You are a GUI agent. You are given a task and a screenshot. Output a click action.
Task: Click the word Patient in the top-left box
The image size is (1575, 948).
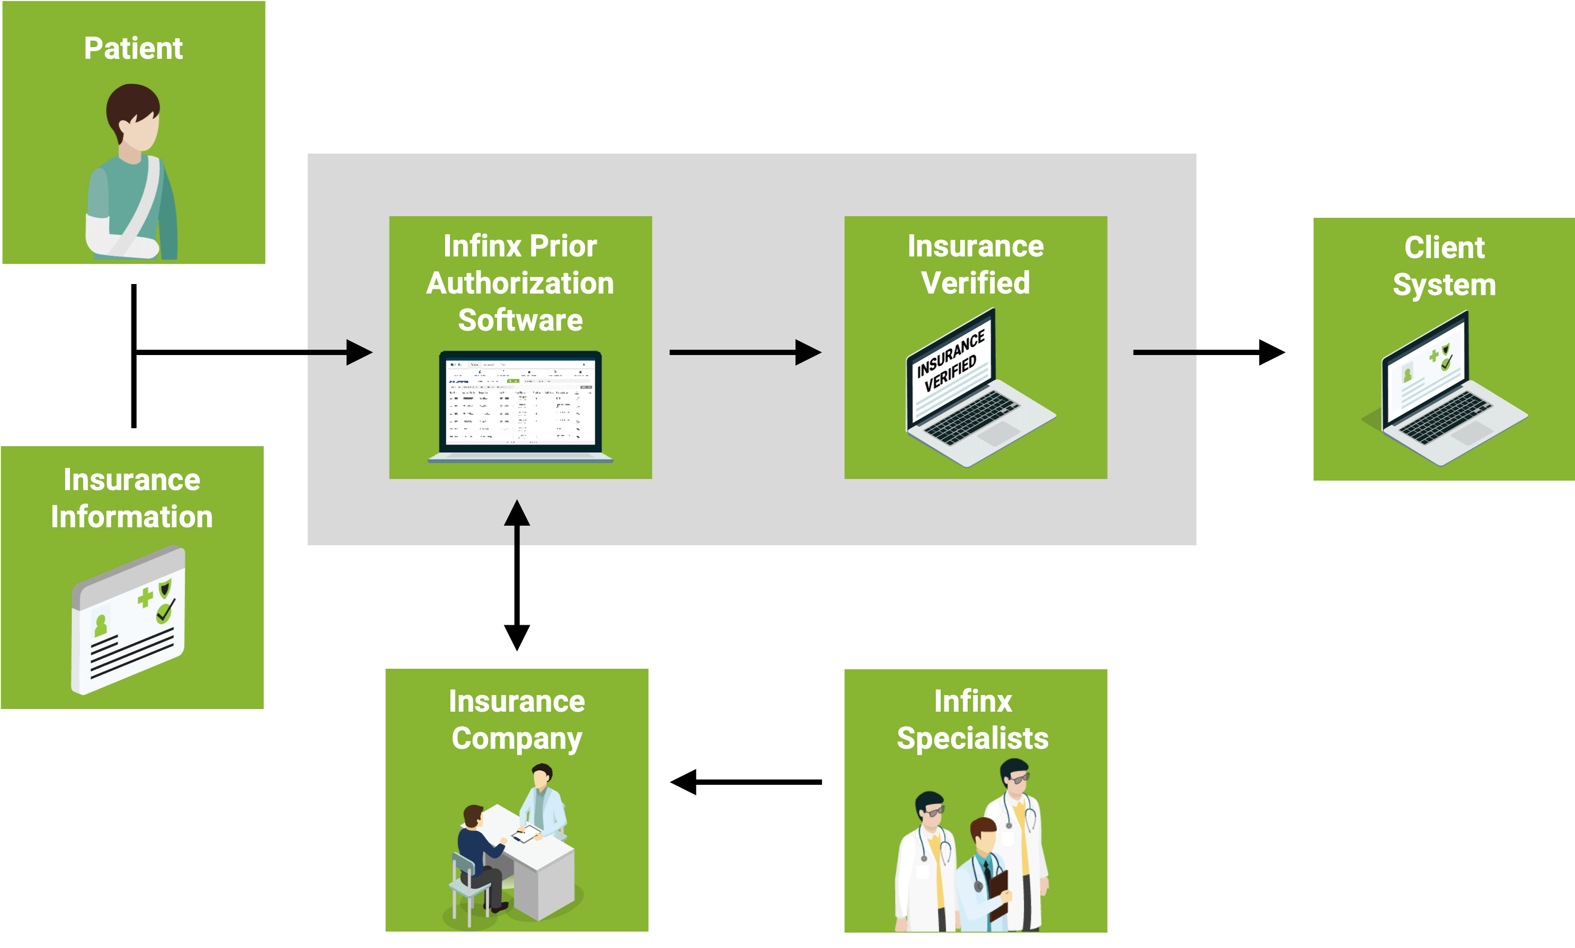[133, 49]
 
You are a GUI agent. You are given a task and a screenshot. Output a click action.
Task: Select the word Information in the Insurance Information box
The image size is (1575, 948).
[131, 517]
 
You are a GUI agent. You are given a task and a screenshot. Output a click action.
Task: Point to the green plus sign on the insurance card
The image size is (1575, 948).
[146, 597]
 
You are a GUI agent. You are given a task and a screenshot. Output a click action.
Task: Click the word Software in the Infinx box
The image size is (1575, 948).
[520, 320]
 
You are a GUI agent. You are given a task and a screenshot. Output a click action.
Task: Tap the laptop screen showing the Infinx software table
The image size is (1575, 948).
[520, 402]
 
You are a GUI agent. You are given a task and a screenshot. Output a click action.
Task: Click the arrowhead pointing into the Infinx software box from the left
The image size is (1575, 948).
[360, 352]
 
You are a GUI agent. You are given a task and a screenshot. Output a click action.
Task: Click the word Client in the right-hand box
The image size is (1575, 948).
[1444, 248]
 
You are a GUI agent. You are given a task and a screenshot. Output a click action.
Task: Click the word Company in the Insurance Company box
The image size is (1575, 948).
[517, 739]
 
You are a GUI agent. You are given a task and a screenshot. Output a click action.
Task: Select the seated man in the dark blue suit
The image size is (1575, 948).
[479, 849]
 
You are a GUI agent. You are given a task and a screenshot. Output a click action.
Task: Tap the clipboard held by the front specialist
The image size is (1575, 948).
[998, 891]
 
